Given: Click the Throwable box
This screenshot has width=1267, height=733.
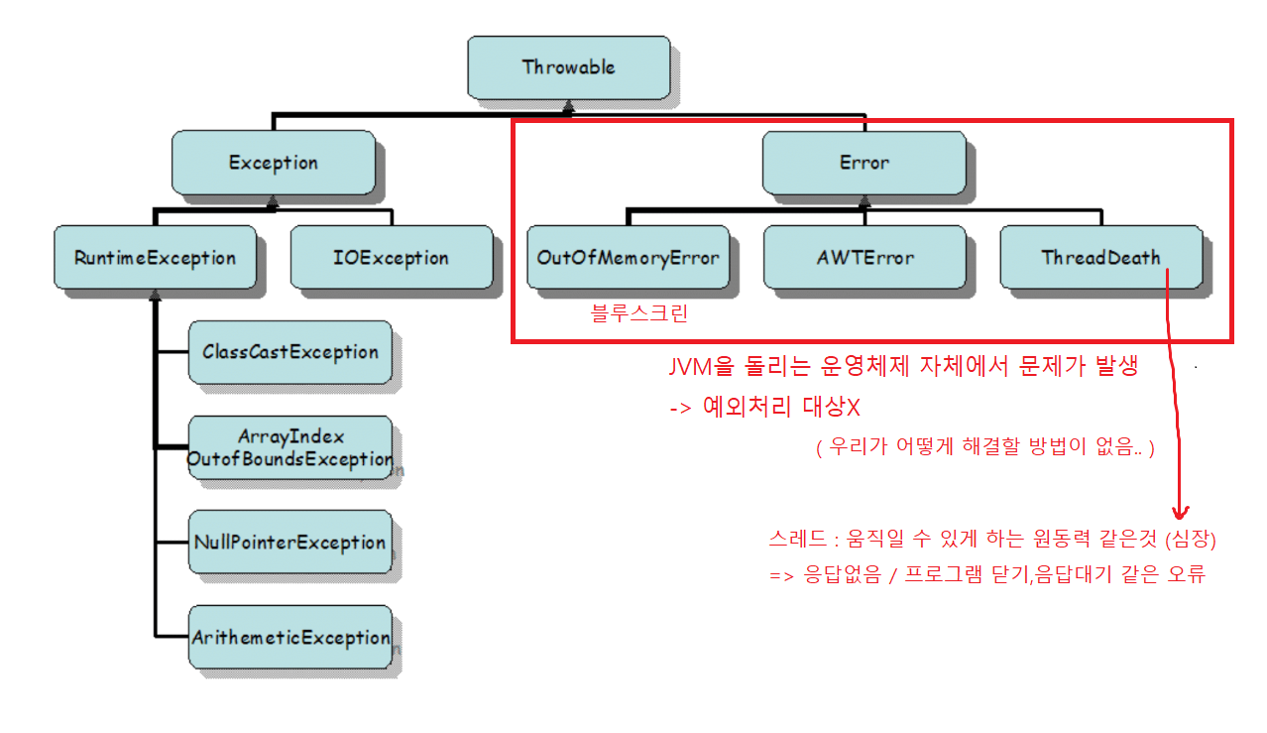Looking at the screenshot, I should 568,68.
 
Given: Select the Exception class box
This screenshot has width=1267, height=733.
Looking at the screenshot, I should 273,163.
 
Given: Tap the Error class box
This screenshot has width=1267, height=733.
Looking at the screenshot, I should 864,163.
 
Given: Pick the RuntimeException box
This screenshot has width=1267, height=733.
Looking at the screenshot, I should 155,258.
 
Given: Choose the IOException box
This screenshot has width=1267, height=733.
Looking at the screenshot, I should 391,258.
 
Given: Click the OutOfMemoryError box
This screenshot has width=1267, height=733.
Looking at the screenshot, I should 628,258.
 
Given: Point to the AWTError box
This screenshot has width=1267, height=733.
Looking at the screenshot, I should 864,258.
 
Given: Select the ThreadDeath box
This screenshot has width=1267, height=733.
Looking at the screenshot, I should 1100,258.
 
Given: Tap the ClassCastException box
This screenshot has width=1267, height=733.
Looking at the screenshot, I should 289,352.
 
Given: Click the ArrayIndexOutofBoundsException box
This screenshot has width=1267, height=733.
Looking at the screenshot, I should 289,447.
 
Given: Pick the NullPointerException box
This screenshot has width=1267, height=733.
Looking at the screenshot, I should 289,543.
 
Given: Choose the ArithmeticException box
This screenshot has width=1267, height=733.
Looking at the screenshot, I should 289,638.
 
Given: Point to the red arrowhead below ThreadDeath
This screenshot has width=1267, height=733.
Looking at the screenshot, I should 1180,513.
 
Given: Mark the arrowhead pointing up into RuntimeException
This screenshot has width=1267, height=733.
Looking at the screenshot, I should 155,295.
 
